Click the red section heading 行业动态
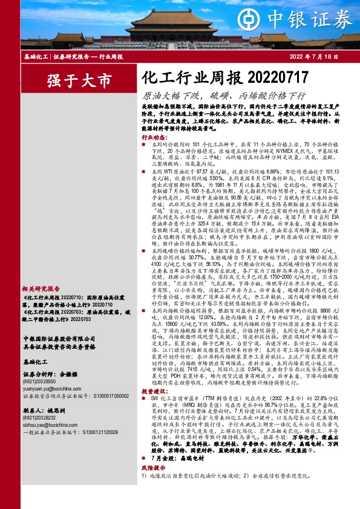tap(154, 137)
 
